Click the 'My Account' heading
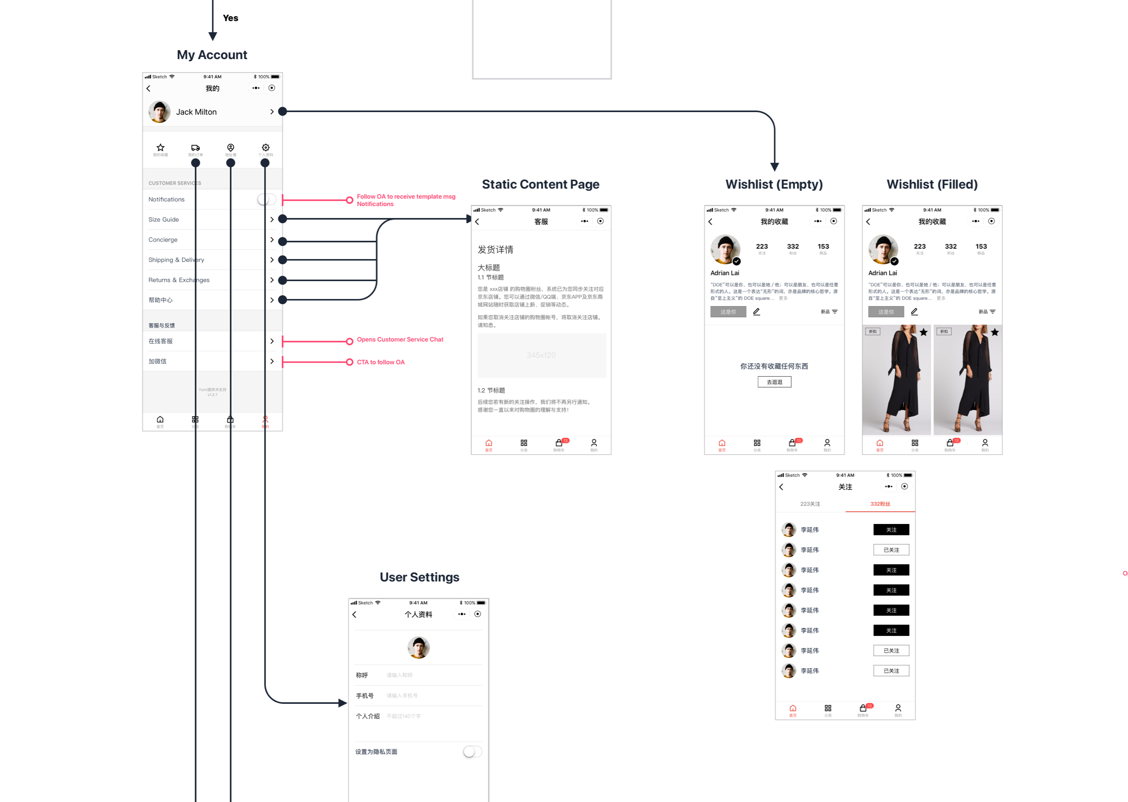click(212, 55)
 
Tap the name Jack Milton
click(196, 112)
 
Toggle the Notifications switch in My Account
click(266, 199)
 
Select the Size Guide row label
click(163, 220)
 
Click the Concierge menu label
click(163, 240)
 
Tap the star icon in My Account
click(161, 148)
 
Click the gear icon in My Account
click(266, 148)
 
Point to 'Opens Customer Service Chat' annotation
click(400, 340)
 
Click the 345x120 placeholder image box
click(541, 356)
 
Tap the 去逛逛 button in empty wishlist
click(774, 382)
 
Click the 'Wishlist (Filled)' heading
click(932, 184)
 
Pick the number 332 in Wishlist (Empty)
click(793, 246)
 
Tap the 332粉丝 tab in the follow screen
click(880, 504)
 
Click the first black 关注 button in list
click(891, 530)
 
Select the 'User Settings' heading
click(419, 577)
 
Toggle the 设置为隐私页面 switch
click(472, 751)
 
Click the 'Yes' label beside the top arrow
click(231, 18)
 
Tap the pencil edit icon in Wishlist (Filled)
click(914, 312)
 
